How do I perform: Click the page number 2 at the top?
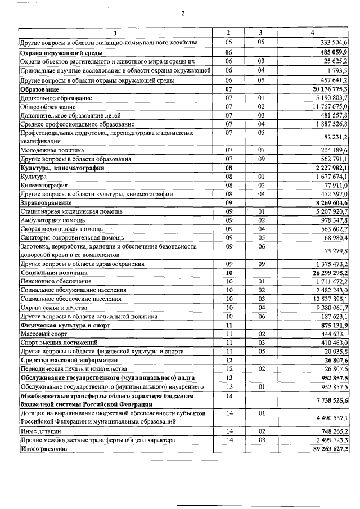(183, 13)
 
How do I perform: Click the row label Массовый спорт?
(42, 334)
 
